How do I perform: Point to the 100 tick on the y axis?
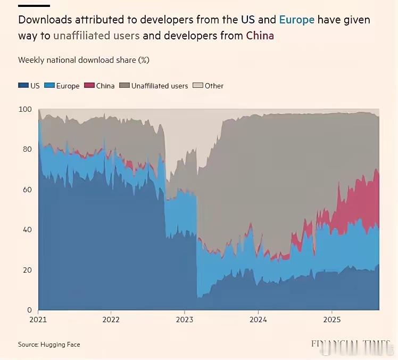click(26, 109)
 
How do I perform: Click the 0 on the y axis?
click(29, 310)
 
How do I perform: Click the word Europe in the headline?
click(296, 20)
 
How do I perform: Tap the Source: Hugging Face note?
click(49, 345)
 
